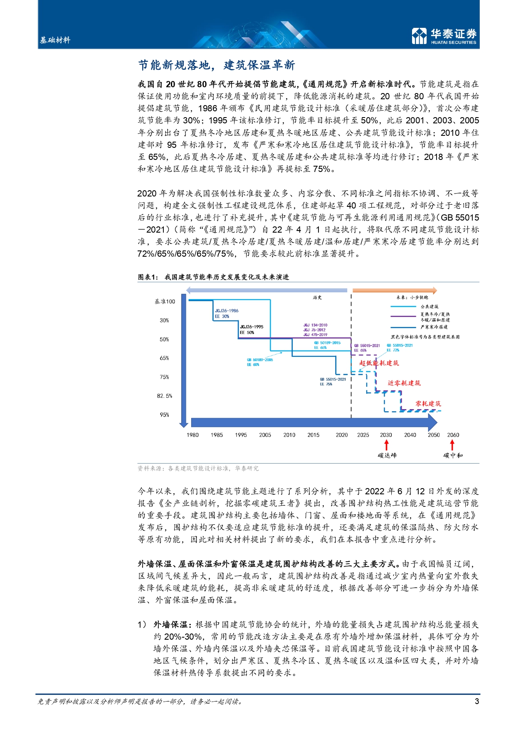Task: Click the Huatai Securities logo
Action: [444, 36]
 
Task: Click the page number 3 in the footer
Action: [477, 701]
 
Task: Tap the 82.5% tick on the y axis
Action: [164, 396]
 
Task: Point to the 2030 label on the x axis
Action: [385, 435]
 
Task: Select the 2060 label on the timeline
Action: [453, 435]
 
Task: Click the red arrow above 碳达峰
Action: [386, 445]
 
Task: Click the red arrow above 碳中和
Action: [452, 445]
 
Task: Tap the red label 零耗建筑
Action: [428, 403]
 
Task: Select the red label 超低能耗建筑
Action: [379, 363]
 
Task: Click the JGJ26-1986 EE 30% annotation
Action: [226, 314]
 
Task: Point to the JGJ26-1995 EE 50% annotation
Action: [251, 329]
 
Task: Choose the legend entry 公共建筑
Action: [429, 307]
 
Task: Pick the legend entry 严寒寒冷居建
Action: [434, 327]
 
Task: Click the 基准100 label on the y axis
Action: [165, 302]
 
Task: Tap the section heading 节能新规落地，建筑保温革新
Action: [216, 65]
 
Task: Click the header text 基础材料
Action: [55, 40]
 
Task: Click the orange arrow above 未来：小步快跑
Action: [394, 290]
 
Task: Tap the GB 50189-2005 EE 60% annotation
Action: [259, 362]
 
